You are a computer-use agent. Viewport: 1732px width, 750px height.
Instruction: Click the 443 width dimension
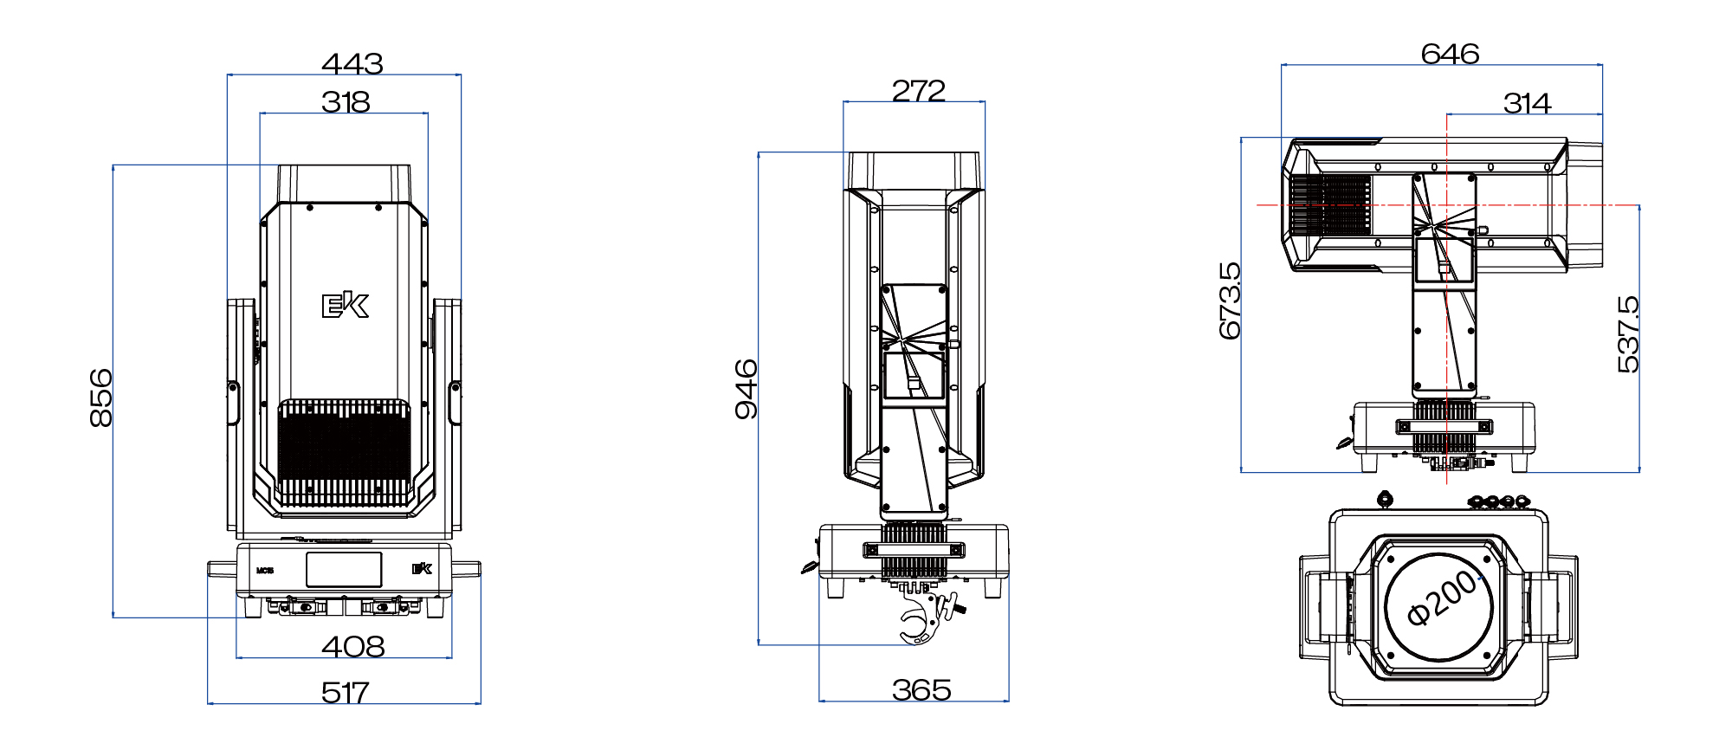coord(352,63)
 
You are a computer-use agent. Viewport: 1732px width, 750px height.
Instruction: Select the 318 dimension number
coord(346,102)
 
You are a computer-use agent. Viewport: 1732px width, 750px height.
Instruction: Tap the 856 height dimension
coord(101,398)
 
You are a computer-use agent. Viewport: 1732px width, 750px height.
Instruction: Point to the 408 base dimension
coord(352,646)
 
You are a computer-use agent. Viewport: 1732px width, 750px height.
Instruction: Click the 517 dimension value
coord(345,692)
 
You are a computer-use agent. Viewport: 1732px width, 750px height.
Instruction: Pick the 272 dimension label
coord(918,90)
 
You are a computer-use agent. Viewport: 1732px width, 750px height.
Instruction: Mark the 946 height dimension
coord(746,389)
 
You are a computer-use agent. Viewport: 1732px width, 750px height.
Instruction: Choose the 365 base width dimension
coord(921,689)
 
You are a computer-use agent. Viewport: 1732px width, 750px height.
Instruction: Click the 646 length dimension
coord(1450,54)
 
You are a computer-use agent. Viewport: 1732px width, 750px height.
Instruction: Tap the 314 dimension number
coord(1527,103)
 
